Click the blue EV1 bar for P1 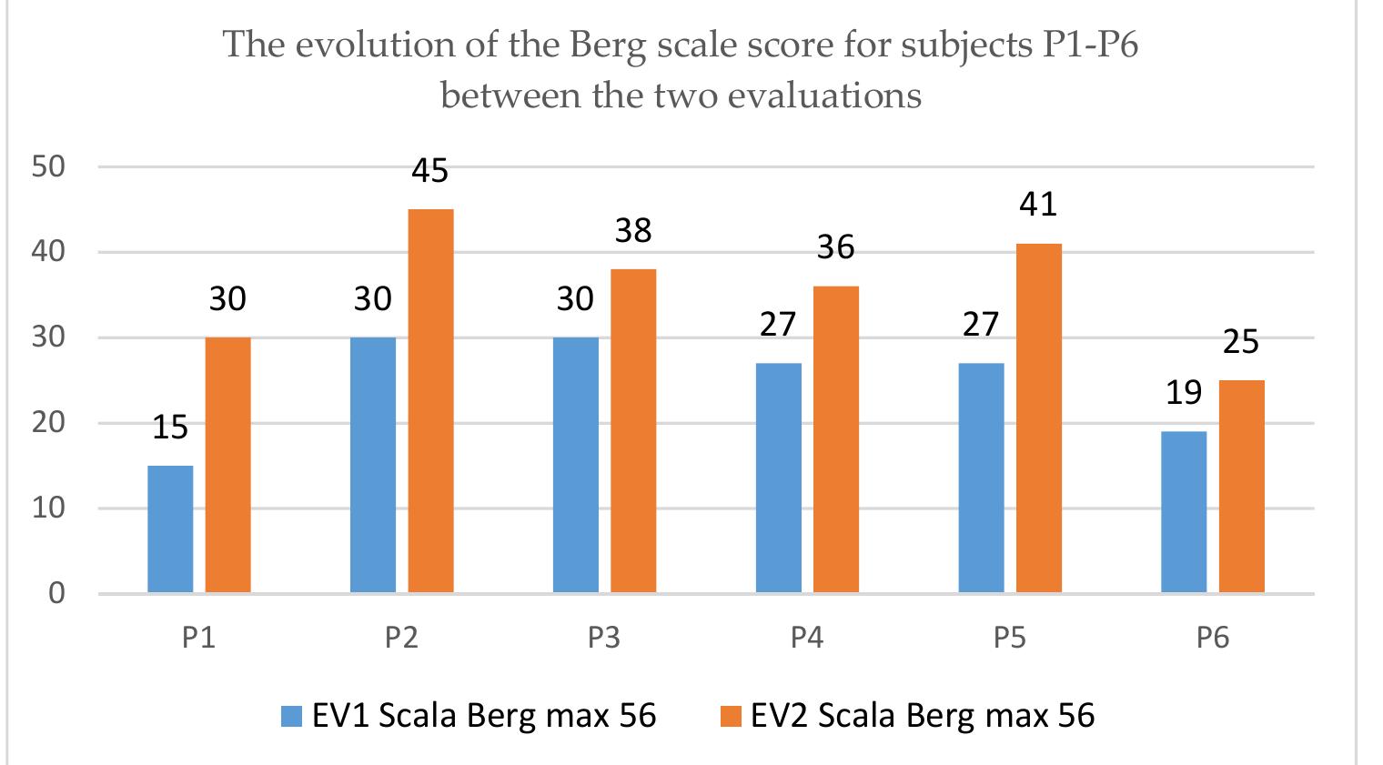click(170, 529)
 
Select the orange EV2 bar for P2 click(430, 401)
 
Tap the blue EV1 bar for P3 click(576, 465)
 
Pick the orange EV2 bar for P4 click(836, 439)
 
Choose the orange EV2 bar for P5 click(1039, 418)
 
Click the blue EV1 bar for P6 click(1184, 512)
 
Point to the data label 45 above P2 click(430, 171)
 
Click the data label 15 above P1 click(170, 427)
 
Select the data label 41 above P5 click(1038, 205)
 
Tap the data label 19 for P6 click(1184, 393)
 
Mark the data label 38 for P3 click(633, 231)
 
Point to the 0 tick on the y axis click(56, 594)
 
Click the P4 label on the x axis click(806, 638)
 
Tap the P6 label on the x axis click(1213, 638)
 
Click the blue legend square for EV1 click(291, 717)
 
